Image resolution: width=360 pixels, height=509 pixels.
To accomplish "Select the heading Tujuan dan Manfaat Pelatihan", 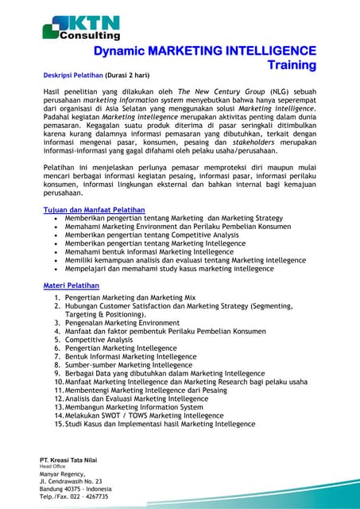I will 94,209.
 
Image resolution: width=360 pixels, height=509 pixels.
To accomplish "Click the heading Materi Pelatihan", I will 71,284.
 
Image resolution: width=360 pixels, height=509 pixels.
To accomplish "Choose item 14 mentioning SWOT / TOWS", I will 144,415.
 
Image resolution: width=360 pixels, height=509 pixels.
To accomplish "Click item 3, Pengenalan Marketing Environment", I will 117,322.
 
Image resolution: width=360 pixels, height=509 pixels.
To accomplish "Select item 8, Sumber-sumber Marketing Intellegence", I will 129,364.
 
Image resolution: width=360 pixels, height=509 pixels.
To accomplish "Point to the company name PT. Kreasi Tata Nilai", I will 71,460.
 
